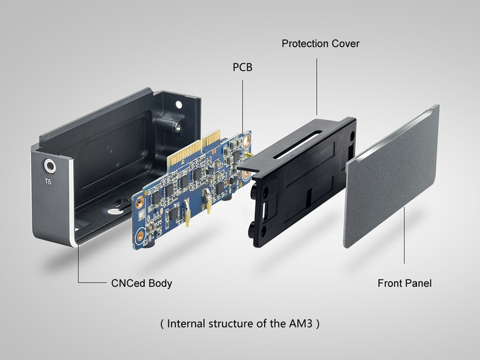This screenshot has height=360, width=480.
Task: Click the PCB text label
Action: click(x=242, y=67)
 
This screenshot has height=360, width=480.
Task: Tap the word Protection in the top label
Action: click(x=305, y=44)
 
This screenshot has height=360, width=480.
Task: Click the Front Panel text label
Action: click(x=404, y=283)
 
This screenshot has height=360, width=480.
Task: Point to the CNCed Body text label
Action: click(x=141, y=283)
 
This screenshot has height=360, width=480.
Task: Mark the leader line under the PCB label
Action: click(x=242, y=102)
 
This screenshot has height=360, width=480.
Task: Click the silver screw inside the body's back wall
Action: click(x=178, y=128)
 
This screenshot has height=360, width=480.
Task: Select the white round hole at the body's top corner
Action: click(x=178, y=104)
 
